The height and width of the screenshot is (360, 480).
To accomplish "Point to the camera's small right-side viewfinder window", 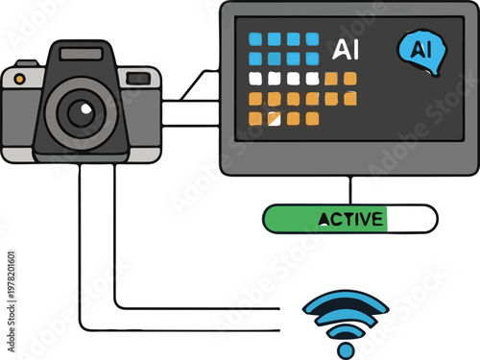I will [139, 77].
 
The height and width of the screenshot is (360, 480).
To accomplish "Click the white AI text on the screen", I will [343, 48].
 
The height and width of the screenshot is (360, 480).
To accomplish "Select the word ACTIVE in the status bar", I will [351, 219].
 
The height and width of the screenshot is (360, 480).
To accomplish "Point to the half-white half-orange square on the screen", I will [275, 118].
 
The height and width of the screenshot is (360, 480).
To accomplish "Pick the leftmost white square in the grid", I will [255, 79].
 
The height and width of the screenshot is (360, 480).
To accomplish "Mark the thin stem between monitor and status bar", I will [350, 190].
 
